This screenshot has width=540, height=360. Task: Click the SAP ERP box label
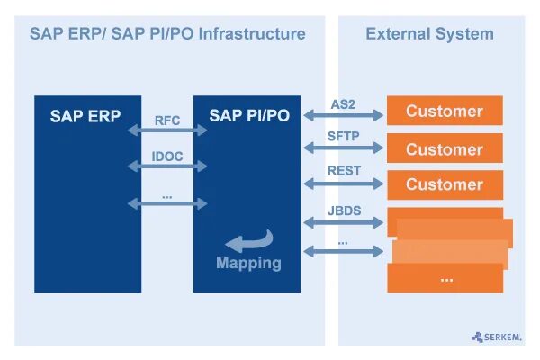85,116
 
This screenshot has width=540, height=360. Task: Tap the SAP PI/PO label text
249,116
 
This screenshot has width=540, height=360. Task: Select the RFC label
167,120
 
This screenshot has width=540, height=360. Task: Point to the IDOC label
167,157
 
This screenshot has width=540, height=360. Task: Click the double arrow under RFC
167,131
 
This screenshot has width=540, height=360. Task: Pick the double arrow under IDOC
167,167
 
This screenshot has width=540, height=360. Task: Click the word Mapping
248,264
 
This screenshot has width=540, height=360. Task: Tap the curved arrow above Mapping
247,241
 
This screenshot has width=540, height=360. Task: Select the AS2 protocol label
343,104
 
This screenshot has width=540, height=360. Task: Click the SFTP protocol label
343,138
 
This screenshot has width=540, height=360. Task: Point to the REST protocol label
343,171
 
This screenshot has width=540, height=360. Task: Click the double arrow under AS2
343,115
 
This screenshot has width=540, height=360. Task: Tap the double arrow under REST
343,184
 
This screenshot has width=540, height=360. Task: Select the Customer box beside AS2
445,112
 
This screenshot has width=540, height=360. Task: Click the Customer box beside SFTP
445,149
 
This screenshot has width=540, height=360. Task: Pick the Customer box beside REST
445,184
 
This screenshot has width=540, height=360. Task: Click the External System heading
429,34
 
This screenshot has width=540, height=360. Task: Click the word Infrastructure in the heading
252,34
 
